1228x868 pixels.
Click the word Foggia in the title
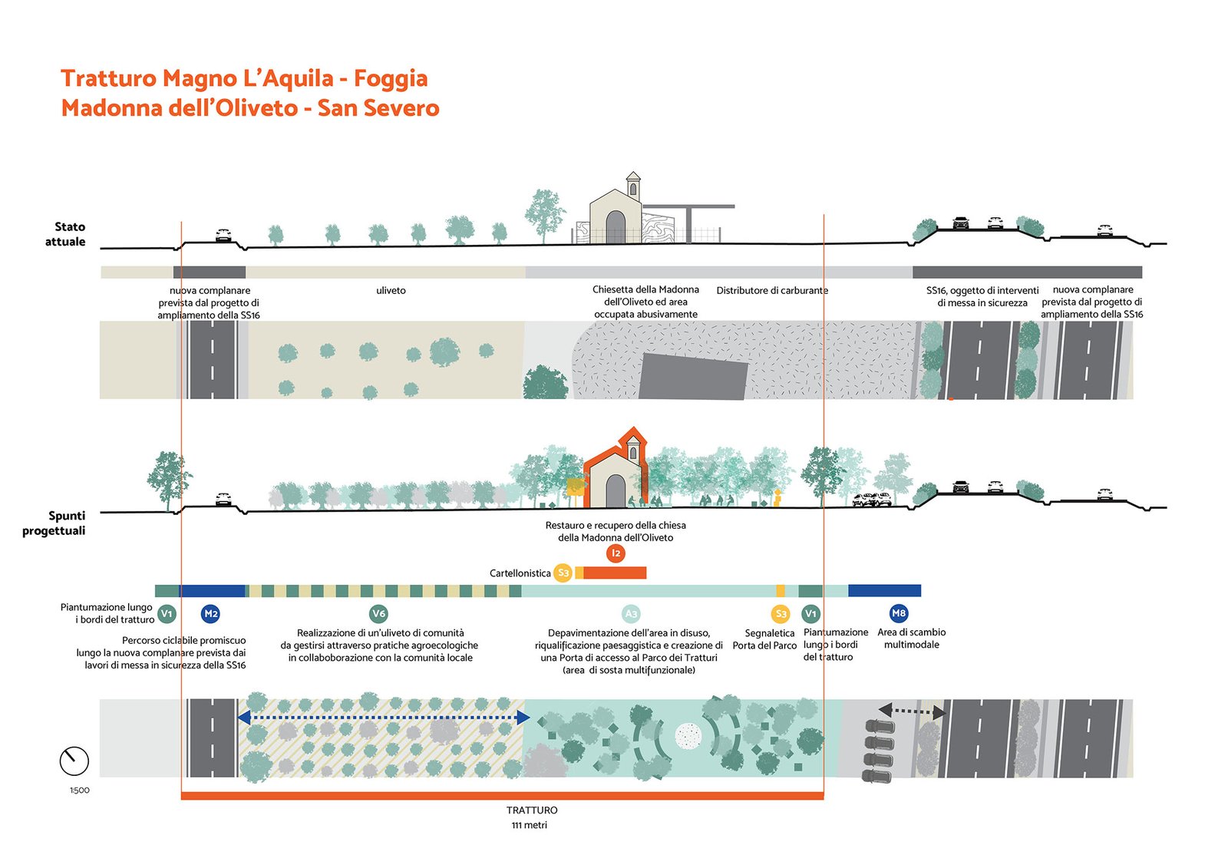pos(390,78)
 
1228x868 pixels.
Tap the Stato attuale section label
pos(66,234)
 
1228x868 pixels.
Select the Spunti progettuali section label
pos(54,523)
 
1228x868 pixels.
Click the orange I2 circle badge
pos(616,553)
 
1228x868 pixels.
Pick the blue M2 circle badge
pos(210,613)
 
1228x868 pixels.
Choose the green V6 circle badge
pos(378,613)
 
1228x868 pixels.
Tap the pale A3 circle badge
pos(631,614)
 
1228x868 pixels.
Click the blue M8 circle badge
pos(899,613)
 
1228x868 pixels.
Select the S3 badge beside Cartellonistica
pos(563,573)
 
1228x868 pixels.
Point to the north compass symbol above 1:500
pos(74,761)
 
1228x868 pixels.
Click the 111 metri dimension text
pos(530,825)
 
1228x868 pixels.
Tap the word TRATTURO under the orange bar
pos(532,810)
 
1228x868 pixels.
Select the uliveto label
pos(391,290)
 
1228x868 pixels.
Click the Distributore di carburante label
pos(772,290)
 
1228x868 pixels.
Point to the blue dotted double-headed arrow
pos(384,718)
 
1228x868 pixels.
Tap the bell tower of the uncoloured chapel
pos(633,185)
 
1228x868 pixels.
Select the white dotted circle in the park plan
pos(688,737)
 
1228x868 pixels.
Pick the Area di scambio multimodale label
pos(911,639)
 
